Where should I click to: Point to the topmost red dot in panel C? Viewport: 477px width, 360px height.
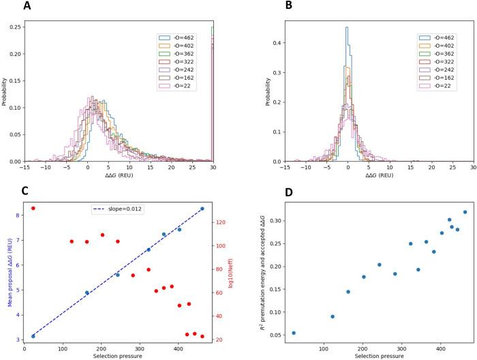(x=33, y=208)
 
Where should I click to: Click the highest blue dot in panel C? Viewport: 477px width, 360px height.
(x=202, y=209)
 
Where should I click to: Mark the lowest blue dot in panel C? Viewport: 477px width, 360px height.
(x=33, y=336)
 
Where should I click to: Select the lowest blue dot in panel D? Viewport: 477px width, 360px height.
(x=294, y=333)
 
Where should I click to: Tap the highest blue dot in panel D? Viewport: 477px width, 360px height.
(x=465, y=212)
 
